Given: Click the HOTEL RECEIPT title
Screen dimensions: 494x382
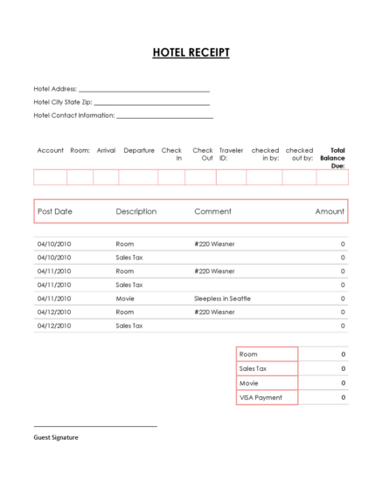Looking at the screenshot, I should (x=191, y=52).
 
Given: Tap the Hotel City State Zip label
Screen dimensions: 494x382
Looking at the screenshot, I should (x=62, y=102).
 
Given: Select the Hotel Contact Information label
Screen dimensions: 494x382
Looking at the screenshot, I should (x=74, y=115).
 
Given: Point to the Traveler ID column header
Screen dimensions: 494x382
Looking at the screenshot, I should (x=231, y=154).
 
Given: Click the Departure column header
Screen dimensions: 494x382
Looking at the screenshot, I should (x=139, y=150).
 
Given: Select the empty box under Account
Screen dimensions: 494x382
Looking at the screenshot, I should (x=50, y=177).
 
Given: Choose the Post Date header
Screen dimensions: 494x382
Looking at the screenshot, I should (x=55, y=211).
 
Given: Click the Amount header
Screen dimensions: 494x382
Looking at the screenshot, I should (x=330, y=211).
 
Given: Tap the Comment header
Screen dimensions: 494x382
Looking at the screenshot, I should (x=212, y=211).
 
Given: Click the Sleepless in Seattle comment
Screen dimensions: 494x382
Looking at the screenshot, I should (x=222, y=298).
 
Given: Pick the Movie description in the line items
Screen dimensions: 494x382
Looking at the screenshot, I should (x=126, y=298).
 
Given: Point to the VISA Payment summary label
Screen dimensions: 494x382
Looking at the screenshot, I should (x=260, y=398).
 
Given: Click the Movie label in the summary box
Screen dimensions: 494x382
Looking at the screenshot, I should (x=249, y=383).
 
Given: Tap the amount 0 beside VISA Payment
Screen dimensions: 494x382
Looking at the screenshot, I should (x=343, y=398).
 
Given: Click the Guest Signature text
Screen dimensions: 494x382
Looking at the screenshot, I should (x=56, y=437).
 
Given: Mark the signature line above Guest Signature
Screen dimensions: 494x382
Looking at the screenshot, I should (x=95, y=426).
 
